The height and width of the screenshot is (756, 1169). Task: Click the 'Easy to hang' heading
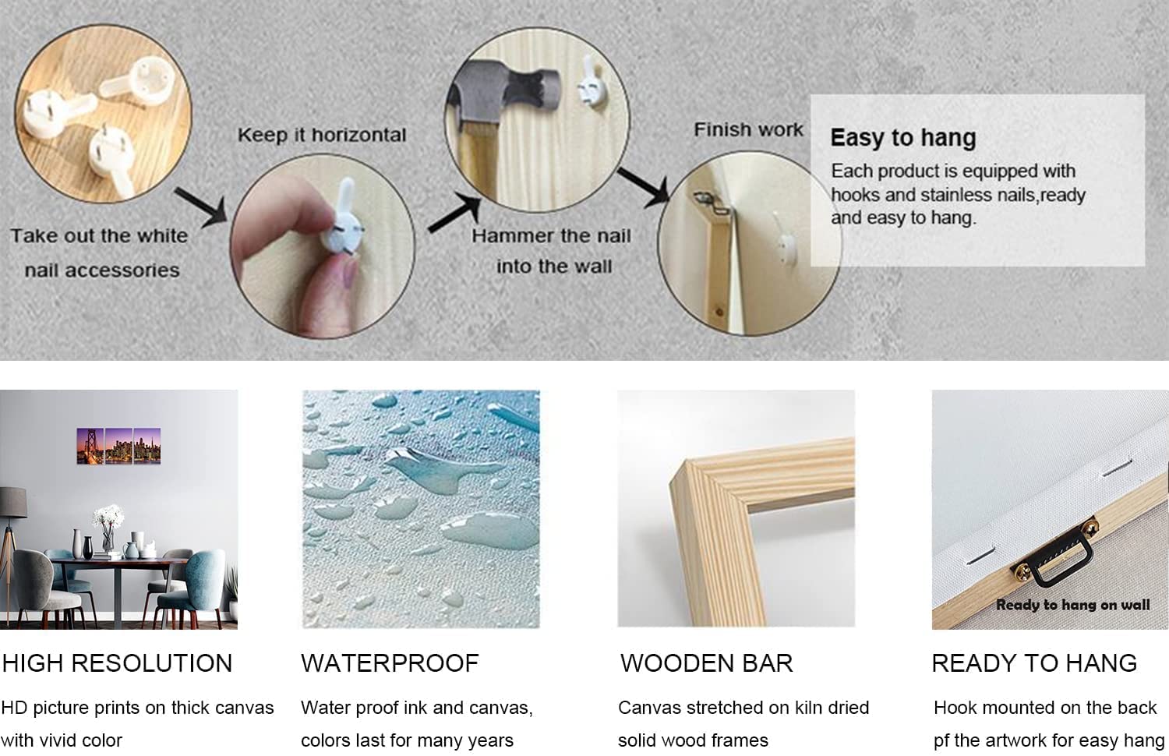click(902, 138)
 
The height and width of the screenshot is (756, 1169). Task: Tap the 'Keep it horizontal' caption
click(322, 135)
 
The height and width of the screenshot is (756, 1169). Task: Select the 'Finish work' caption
click(748, 129)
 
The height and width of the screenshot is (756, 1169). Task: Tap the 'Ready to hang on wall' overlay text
click(1072, 605)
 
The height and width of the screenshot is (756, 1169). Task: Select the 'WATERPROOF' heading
click(390, 663)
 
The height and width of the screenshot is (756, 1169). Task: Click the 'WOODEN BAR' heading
click(706, 663)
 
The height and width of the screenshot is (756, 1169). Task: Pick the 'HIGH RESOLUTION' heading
click(117, 663)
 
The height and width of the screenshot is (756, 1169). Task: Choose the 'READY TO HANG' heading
click(1034, 663)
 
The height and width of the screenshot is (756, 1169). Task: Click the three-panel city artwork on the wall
click(118, 446)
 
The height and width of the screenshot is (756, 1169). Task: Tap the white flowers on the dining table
click(108, 518)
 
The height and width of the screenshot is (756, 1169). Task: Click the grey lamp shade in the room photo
click(12, 502)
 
